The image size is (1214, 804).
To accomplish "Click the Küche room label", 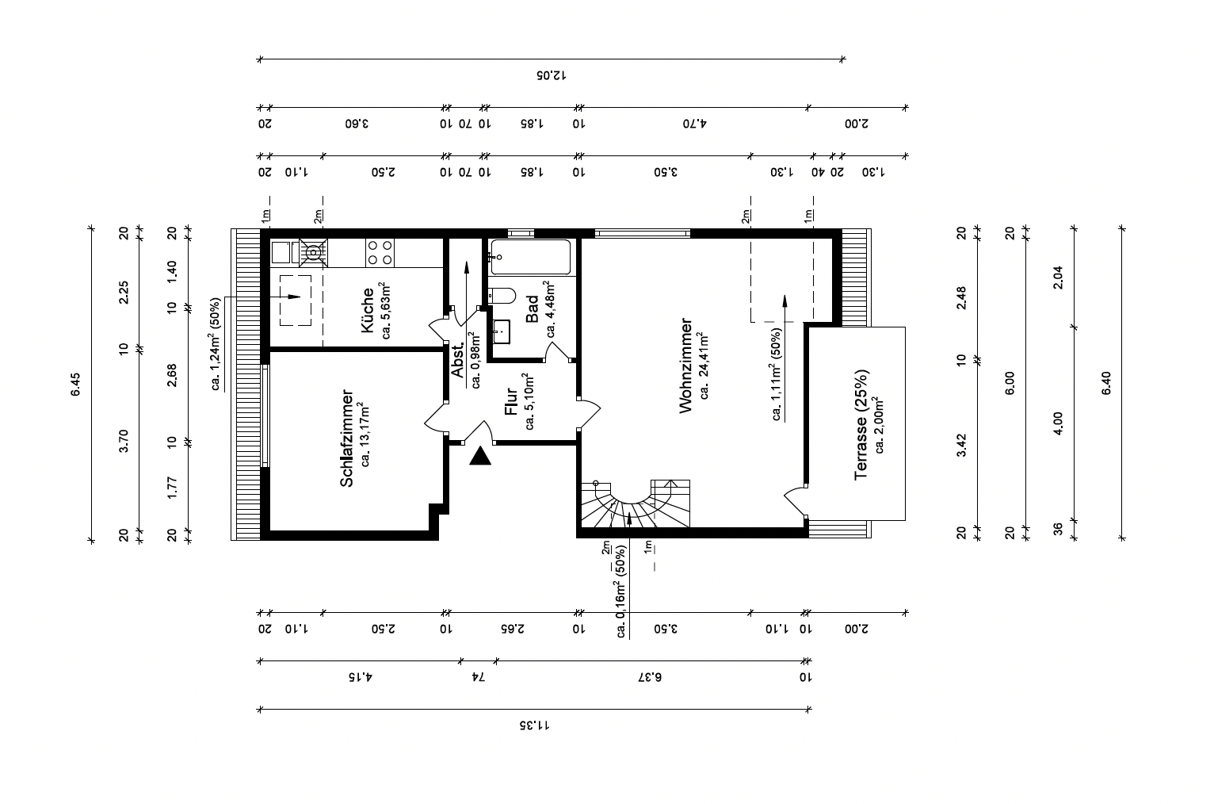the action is point(368,310).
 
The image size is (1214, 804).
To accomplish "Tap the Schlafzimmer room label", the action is point(347,438).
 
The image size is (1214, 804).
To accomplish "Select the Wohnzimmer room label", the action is point(686,366).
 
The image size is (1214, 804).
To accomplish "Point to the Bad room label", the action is point(533,308).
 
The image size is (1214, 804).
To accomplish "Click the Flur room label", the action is point(511,401).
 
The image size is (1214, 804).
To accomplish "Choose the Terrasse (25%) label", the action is point(861,424).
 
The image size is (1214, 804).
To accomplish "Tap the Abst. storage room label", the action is point(459,360).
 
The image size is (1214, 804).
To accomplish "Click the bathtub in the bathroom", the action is point(531,257).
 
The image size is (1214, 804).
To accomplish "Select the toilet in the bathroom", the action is point(502,296).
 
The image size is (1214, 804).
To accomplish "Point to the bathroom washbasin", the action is point(501,331).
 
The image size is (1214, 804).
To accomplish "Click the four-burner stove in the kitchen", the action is point(380,253).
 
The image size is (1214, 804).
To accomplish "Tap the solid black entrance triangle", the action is point(480,456).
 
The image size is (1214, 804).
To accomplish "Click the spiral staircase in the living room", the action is point(636,503).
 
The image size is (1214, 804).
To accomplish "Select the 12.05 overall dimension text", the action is point(552,75).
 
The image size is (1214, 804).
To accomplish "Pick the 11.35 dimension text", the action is point(534,725).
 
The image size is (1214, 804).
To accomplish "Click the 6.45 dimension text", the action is point(75,384).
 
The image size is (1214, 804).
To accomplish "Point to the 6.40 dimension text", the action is point(1106,383).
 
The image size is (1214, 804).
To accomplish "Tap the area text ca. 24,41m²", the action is point(704,366).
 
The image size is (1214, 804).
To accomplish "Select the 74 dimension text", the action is point(478,676).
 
